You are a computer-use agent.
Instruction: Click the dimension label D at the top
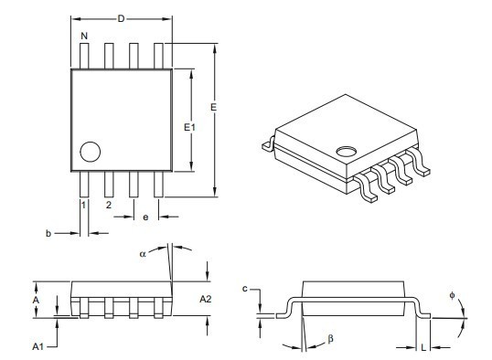tap(121, 17)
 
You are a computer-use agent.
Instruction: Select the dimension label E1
tap(188, 128)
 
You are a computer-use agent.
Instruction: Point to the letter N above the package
tap(84, 37)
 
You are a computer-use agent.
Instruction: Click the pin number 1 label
tap(84, 206)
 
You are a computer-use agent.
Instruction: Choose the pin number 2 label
tap(108, 206)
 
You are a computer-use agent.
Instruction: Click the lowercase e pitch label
tap(145, 217)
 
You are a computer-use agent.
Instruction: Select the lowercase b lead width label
tap(48, 234)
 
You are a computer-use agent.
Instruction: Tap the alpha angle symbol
tap(143, 254)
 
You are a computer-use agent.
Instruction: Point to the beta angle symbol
tap(330, 340)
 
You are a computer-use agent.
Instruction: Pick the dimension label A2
tap(206, 299)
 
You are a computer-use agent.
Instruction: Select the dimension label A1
tap(37, 346)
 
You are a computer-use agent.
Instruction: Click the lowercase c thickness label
tap(246, 289)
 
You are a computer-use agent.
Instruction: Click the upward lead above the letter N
tap(84, 55)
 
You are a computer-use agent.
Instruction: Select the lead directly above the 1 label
tap(84, 184)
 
